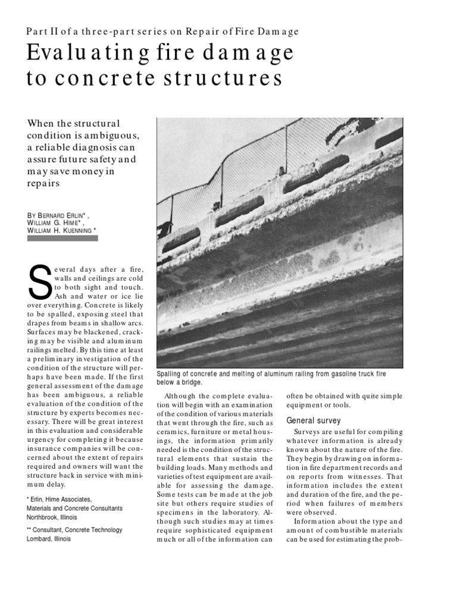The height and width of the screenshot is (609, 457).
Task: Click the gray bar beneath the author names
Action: pos(63,238)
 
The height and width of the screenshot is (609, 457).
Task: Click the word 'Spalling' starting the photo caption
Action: pos(171,373)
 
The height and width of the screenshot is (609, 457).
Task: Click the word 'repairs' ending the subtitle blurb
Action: pos(43,184)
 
